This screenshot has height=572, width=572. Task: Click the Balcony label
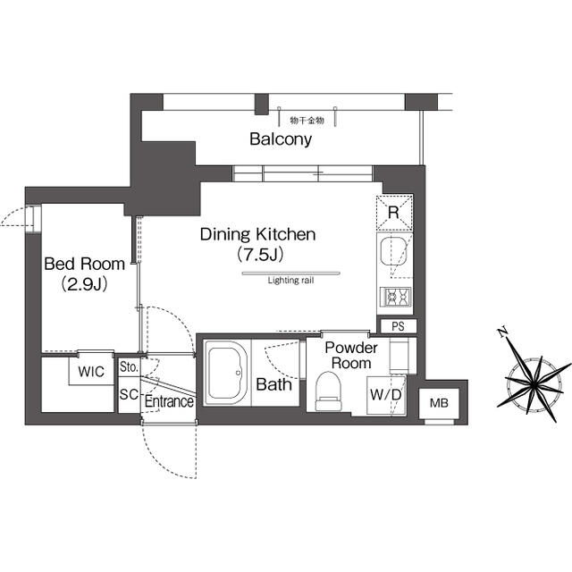coord(281,139)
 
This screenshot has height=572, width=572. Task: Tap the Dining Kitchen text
coord(258,234)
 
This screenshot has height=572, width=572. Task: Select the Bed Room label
coord(84,264)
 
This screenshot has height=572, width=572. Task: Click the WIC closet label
coord(91,372)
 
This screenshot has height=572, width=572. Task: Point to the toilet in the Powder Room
coord(328,391)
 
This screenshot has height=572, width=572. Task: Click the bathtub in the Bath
coord(226,372)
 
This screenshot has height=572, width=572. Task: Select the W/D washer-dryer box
coord(386,395)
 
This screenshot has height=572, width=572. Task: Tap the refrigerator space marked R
coord(394,213)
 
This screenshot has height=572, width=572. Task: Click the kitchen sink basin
coord(393,252)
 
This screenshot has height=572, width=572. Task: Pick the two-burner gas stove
coord(395,297)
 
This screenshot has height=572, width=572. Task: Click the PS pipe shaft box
coord(398,326)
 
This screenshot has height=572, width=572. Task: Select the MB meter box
coord(439,403)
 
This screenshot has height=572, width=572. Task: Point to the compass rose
coord(533,382)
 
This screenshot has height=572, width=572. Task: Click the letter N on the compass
coord(502,332)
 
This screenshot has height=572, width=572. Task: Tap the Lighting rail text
coord(290,281)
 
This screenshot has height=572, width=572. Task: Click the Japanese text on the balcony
coord(307,120)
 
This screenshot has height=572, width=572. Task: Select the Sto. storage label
coord(129,367)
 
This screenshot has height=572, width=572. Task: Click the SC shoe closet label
coord(129,394)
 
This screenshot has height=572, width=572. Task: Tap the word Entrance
coord(169,401)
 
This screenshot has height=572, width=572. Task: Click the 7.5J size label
coord(260,255)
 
